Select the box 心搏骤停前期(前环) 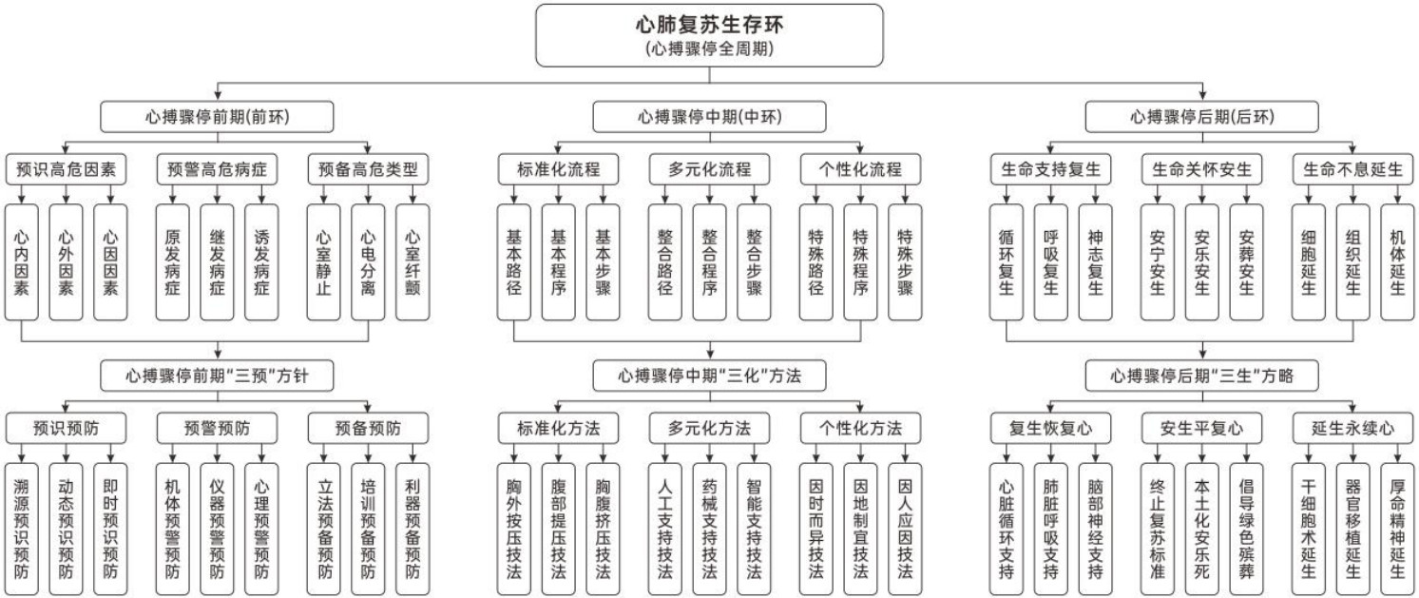pos(218,117)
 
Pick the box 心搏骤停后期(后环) pos(1201,117)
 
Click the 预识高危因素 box pos(67,170)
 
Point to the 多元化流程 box pos(709,170)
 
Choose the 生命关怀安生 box pos(1201,170)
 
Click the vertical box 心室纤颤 pos(412,261)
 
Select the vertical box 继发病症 pos(217,261)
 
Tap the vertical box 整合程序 pos(709,261)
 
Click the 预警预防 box pos(218,428)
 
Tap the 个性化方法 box pos(860,428)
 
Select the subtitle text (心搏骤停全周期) pos(709,49)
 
